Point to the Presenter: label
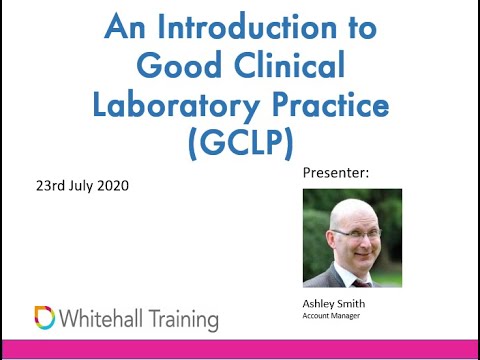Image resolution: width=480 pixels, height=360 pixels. tap(335, 174)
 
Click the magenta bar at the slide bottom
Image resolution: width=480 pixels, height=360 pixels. tap(240, 349)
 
